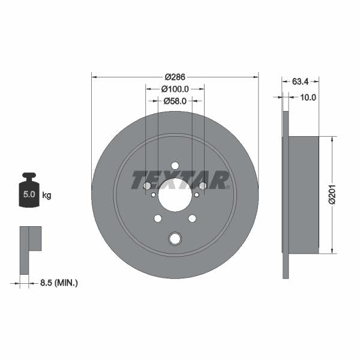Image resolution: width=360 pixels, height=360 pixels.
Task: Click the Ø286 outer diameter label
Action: pyautogui.click(x=175, y=77)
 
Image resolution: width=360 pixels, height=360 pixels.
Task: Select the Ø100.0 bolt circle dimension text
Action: pyautogui.click(x=175, y=89)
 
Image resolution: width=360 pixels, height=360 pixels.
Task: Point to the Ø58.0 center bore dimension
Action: pyautogui.click(x=175, y=101)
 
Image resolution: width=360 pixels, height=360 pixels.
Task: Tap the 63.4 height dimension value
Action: pyautogui.click(x=301, y=80)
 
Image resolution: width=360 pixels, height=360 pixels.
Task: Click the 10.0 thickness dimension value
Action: pyautogui.click(x=308, y=96)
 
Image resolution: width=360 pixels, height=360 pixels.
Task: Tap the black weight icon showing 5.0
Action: pyautogui.click(x=29, y=192)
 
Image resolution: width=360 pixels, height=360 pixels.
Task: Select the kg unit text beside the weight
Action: pyautogui.click(x=47, y=195)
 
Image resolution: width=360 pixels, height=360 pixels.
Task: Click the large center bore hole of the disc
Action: pyautogui.click(x=175, y=194)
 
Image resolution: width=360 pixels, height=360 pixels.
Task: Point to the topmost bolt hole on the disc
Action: pyautogui.click(x=175, y=166)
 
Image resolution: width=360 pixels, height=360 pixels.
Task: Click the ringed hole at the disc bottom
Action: pyautogui.click(x=175, y=238)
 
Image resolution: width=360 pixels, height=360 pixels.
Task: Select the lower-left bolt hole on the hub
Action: pyautogui.click(x=158, y=218)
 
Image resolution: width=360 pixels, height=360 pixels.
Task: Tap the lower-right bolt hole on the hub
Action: pyautogui.click(x=192, y=218)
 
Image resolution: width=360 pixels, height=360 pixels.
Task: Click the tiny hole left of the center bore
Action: pyautogui.click(x=154, y=194)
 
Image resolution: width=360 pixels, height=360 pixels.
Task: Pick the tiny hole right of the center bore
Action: pyautogui.click(x=196, y=194)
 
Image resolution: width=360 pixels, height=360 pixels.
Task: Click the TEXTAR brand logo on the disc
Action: pyautogui.click(x=180, y=179)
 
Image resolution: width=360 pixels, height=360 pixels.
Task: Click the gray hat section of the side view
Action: pyautogui.click(x=304, y=194)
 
